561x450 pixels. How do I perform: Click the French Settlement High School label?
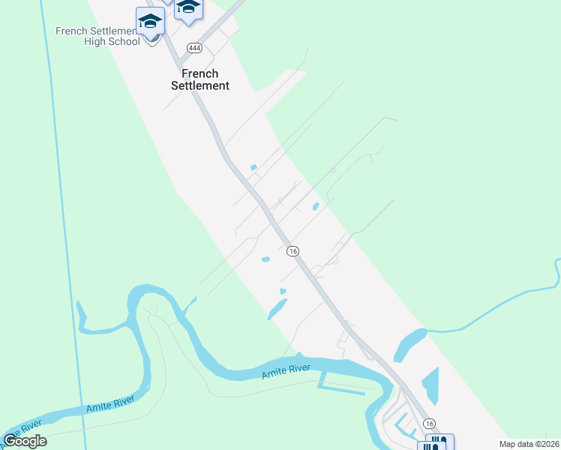click(97, 36)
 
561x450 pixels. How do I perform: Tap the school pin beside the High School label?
click(150, 22)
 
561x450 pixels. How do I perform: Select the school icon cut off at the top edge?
click(187, 7)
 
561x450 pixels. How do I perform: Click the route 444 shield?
click(194, 46)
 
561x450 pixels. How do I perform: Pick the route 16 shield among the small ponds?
click(292, 251)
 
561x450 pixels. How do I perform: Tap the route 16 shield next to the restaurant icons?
click(428, 424)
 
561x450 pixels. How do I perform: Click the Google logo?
click(25, 441)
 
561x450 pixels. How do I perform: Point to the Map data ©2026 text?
click(529, 444)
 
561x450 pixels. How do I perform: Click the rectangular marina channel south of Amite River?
click(345, 388)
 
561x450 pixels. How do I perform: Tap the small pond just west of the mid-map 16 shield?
click(265, 259)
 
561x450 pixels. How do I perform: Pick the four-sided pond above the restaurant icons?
click(430, 386)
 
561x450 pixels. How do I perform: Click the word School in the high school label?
click(124, 42)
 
